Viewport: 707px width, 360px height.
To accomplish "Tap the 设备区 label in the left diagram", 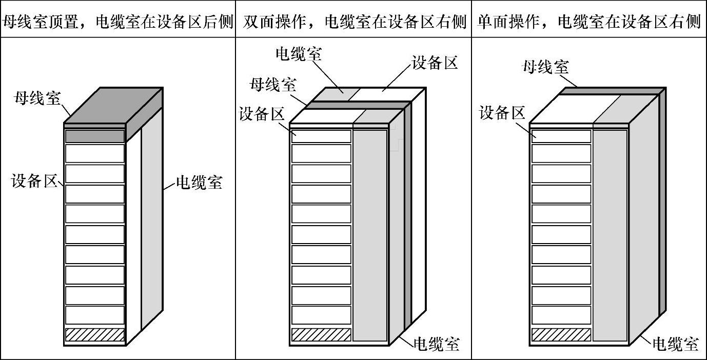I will pos(34,181).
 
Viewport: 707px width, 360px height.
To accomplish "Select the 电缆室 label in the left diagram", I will pos(199,183).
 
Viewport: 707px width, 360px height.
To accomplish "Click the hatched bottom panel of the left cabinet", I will pos(95,335).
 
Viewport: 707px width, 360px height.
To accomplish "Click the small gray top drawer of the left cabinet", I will pos(95,136).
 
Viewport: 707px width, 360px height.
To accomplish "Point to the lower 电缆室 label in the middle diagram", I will pos(436,344).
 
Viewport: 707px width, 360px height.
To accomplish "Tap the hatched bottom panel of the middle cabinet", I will pos(321,335).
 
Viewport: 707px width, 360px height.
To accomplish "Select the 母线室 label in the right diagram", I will pos(545,67).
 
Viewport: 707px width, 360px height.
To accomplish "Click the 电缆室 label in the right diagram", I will pos(676,344).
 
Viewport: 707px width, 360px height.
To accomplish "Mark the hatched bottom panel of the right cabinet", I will pos(561,335).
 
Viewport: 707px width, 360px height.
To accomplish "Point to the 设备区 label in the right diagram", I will pos(502,113).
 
